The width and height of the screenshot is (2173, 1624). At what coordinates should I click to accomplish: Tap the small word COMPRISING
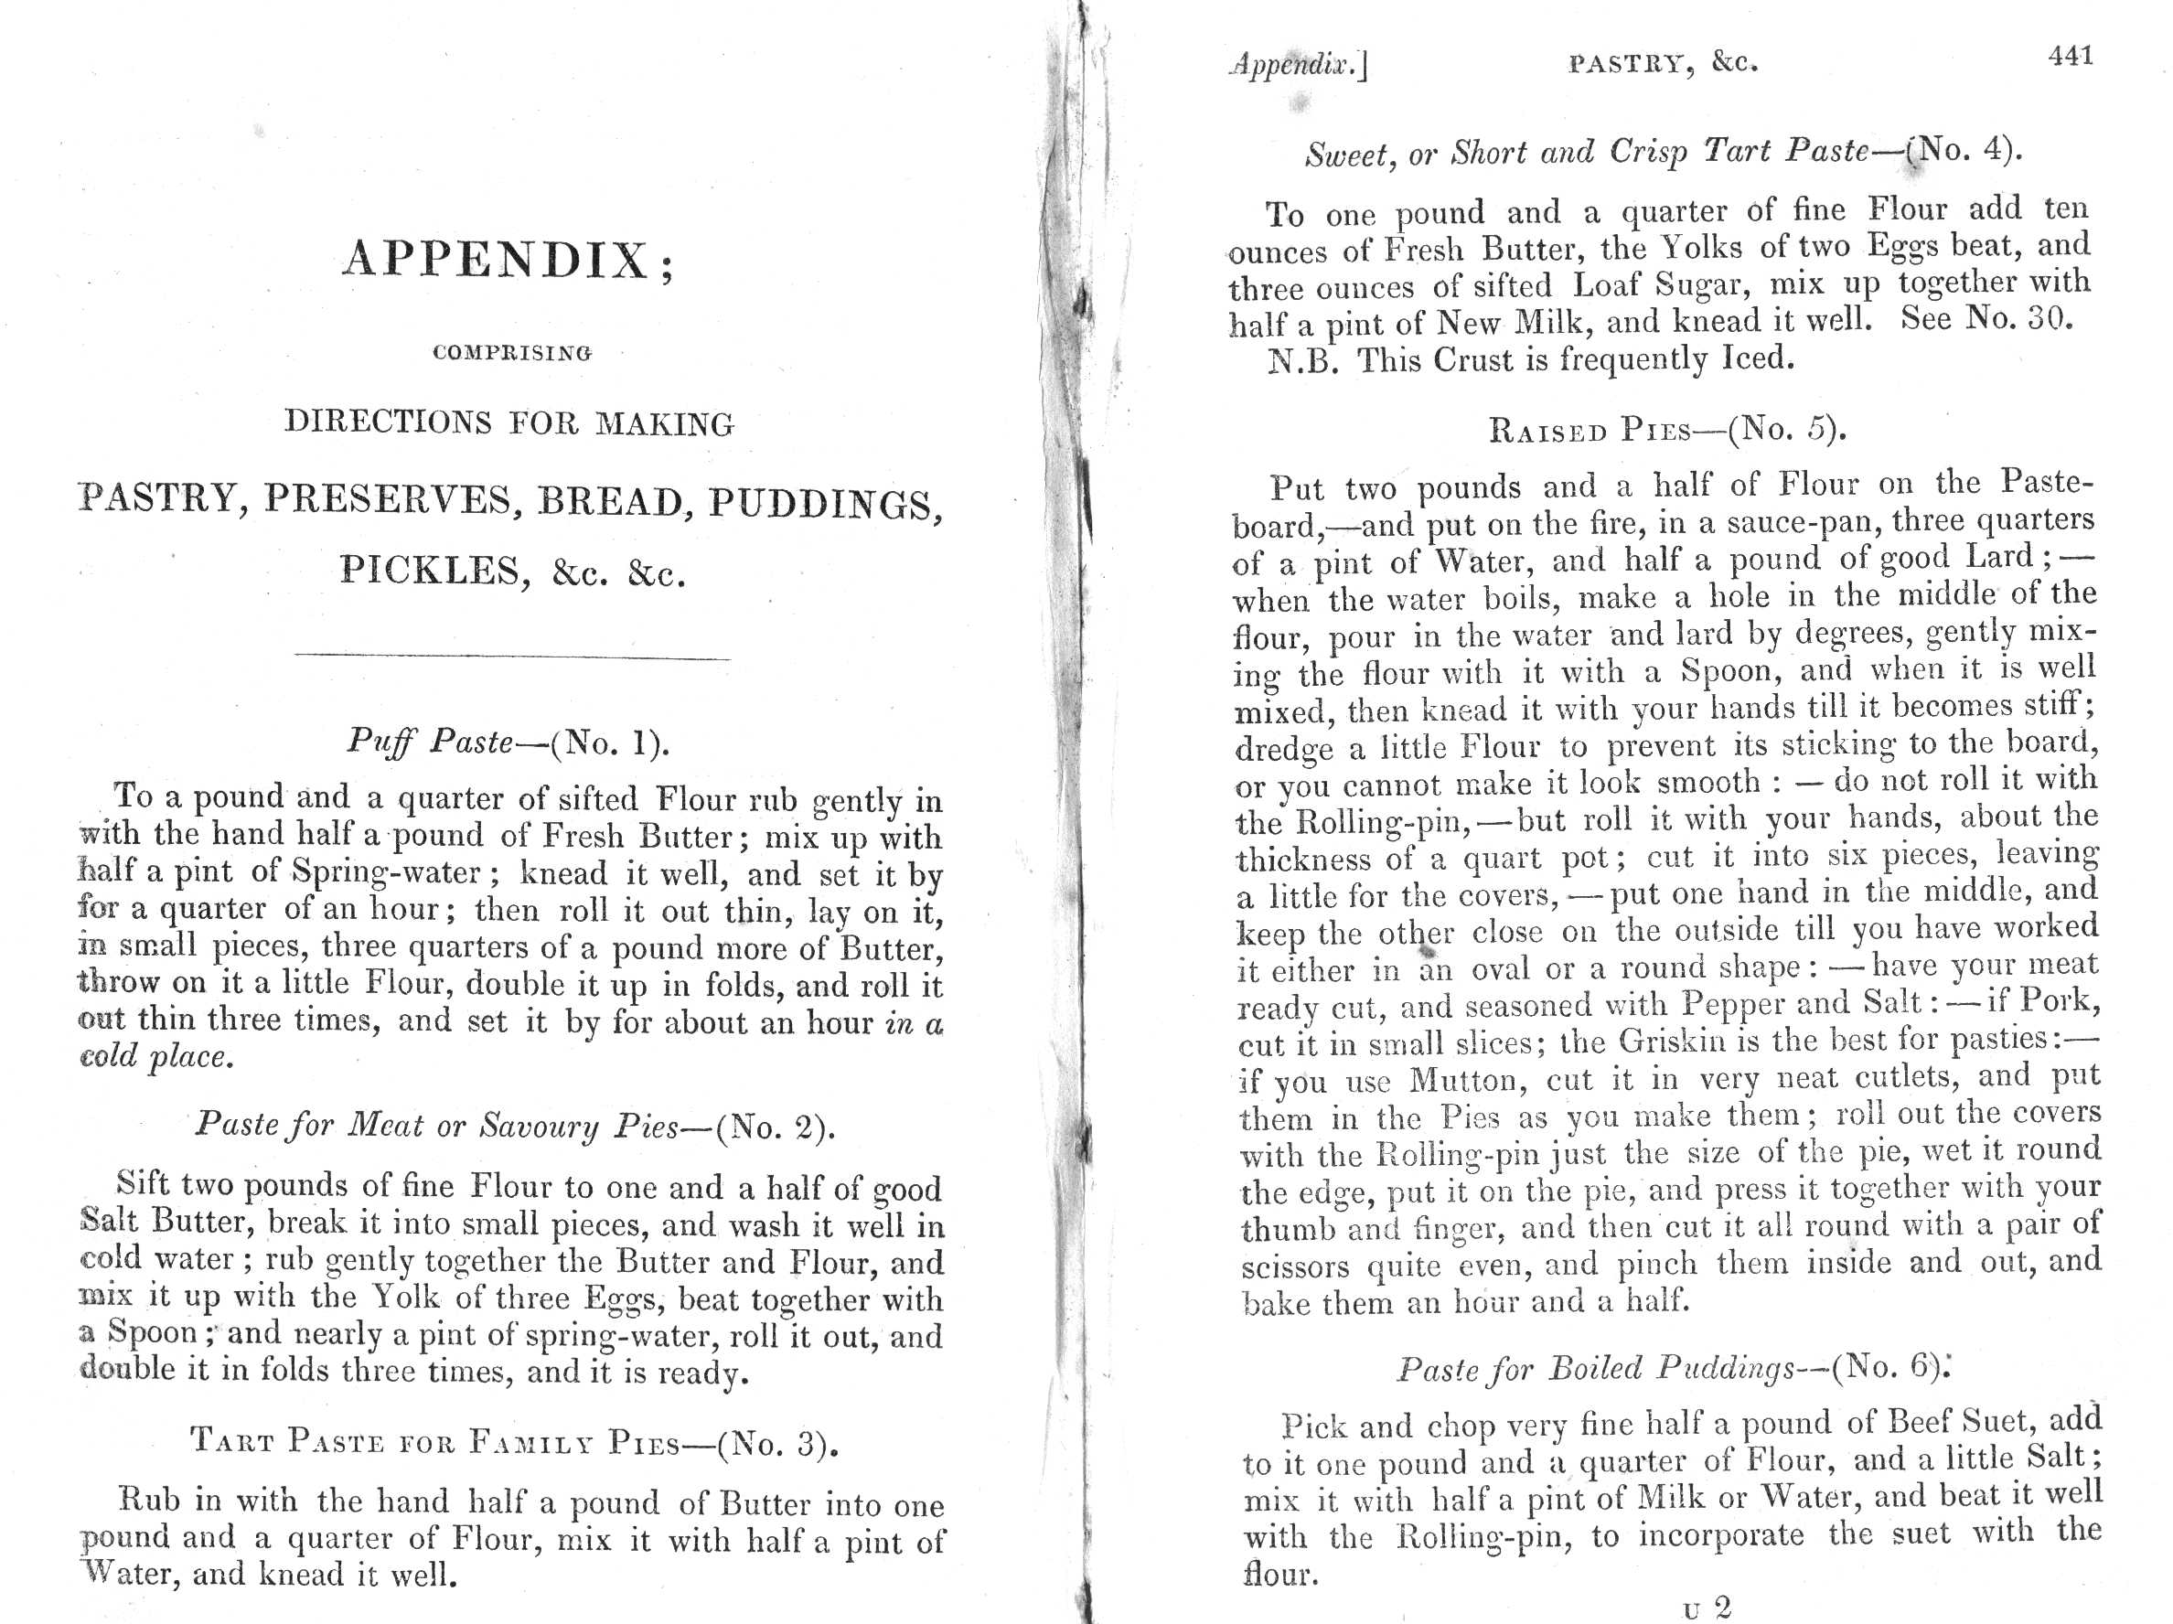512,353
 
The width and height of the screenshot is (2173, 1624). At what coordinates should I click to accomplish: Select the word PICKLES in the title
429,571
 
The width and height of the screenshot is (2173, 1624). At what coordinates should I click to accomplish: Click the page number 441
2070,57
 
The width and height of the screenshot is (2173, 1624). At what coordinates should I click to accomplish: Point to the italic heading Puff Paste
429,742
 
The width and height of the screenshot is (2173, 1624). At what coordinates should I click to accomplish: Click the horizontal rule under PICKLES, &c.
512,657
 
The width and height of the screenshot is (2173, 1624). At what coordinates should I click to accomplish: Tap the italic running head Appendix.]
1298,66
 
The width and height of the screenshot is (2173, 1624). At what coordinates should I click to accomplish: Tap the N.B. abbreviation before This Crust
1301,361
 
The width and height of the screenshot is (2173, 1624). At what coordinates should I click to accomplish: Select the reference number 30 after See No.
2049,319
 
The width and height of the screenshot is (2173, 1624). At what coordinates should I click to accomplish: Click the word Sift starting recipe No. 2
144,1183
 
